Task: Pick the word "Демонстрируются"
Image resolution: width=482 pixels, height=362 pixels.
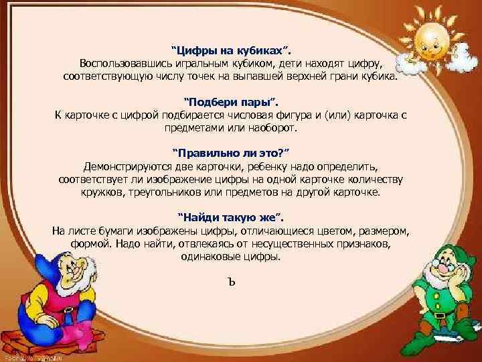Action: [123, 166]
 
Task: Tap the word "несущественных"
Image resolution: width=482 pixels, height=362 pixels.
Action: [302, 243]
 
